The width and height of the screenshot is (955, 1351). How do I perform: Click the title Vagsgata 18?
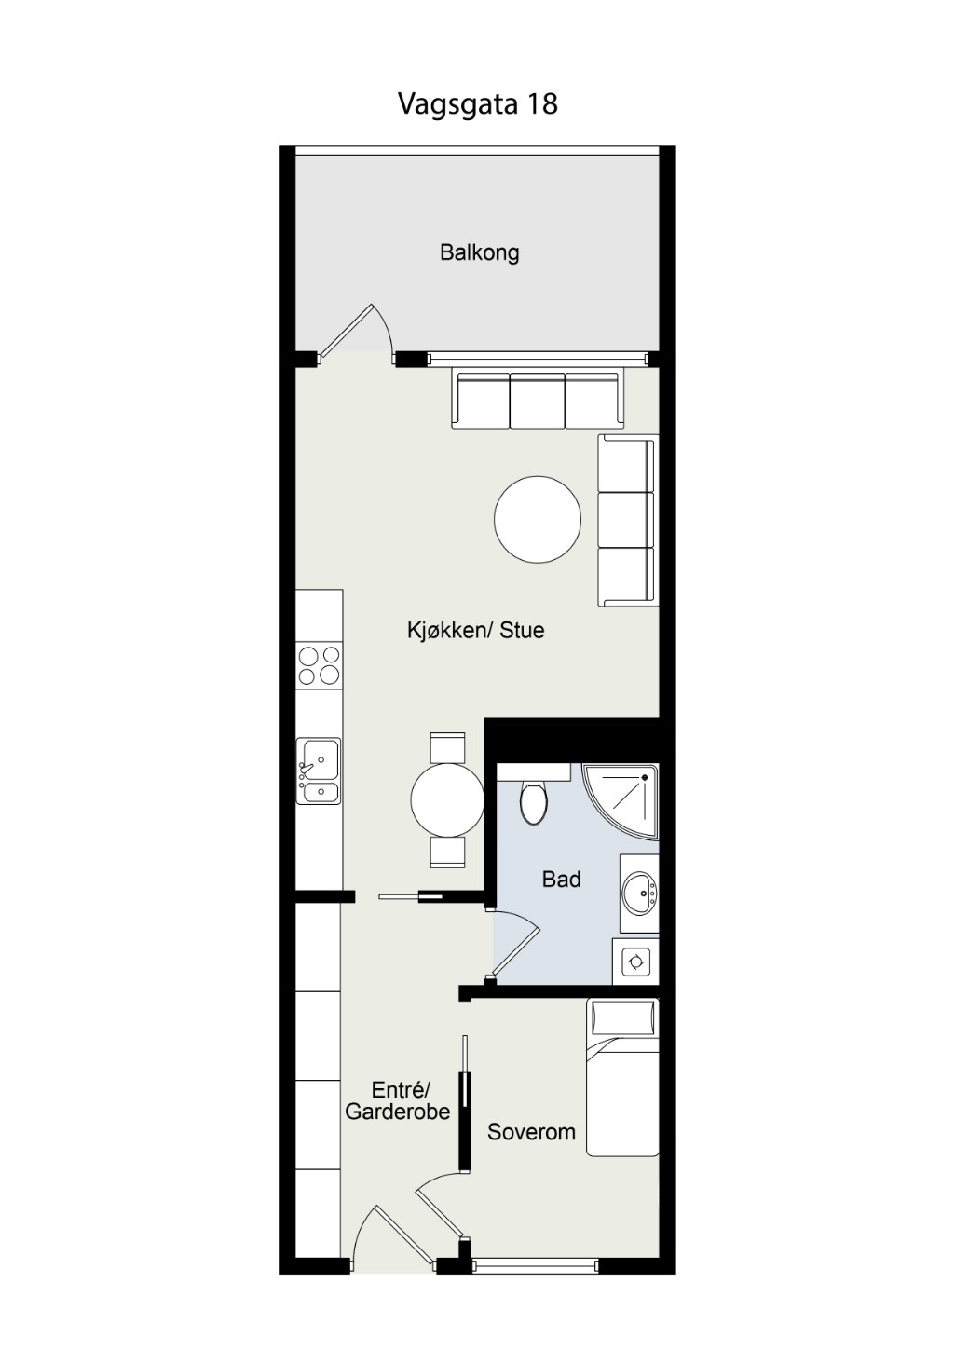pyautogui.click(x=477, y=103)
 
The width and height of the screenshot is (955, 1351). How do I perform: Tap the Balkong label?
pyautogui.click(x=480, y=252)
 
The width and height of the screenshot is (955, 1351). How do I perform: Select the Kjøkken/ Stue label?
pyautogui.click(x=475, y=630)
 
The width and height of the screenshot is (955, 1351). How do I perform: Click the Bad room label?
pyautogui.click(x=561, y=880)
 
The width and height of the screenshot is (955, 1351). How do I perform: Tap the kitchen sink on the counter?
pyautogui.click(x=319, y=771)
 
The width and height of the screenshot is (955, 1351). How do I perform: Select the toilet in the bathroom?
pyautogui.click(x=533, y=801)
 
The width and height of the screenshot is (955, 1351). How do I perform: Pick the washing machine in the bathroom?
pyautogui.click(x=635, y=961)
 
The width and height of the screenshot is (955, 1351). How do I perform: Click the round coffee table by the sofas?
pyautogui.click(x=538, y=519)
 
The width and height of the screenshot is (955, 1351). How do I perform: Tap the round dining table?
pyautogui.click(x=447, y=799)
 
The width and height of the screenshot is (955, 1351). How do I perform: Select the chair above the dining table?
pyautogui.click(x=447, y=748)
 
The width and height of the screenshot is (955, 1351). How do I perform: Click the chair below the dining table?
pyautogui.click(x=447, y=853)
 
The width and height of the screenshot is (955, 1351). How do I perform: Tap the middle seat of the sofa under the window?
pyautogui.click(x=538, y=401)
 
